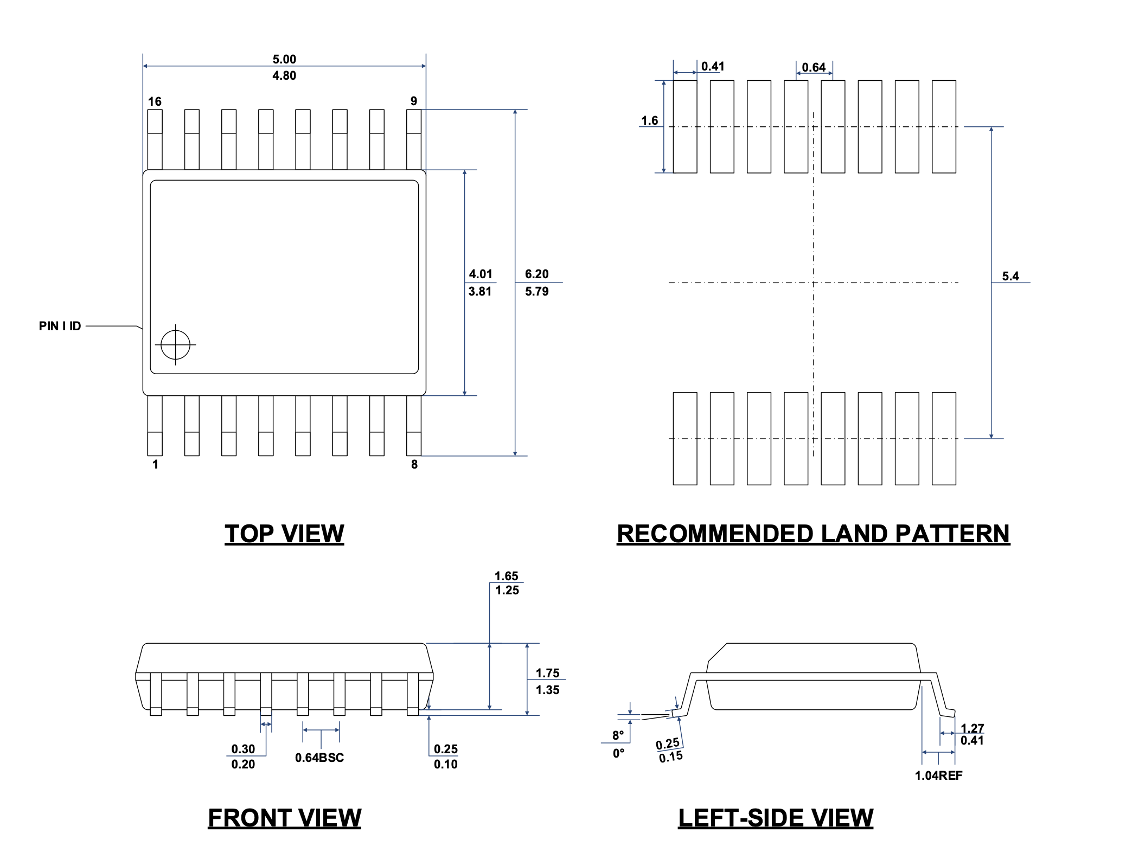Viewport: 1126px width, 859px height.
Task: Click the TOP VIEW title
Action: tap(284, 534)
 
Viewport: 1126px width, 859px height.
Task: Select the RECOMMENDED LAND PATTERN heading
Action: tap(813, 534)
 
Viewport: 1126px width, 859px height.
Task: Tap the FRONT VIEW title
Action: tap(284, 818)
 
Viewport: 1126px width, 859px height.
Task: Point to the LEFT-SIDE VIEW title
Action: tap(776, 818)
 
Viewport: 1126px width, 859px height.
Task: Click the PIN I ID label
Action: tap(60, 326)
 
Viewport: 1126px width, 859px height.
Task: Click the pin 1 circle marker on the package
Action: tap(176, 344)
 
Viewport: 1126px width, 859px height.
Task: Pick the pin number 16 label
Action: tap(155, 101)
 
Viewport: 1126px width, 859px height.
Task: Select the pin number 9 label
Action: tap(414, 101)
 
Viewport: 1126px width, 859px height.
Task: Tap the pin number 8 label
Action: tap(414, 464)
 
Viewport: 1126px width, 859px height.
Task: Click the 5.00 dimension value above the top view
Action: tap(284, 59)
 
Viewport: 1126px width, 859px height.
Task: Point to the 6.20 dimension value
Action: tap(536, 274)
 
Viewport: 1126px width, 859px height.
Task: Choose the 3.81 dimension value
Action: tap(480, 291)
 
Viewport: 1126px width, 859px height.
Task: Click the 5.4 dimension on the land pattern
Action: tap(1010, 276)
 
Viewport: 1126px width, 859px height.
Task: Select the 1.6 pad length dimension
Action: tap(649, 120)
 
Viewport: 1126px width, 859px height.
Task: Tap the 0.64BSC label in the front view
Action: tap(319, 758)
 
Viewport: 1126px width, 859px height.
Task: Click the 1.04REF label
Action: tap(938, 775)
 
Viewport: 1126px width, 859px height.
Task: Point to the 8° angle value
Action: tap(618, 735)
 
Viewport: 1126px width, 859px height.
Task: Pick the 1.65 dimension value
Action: tap(506, 576)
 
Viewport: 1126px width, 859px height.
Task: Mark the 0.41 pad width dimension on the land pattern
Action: tap(713, 66)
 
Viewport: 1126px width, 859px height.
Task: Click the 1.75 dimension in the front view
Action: tap(547, 673)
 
